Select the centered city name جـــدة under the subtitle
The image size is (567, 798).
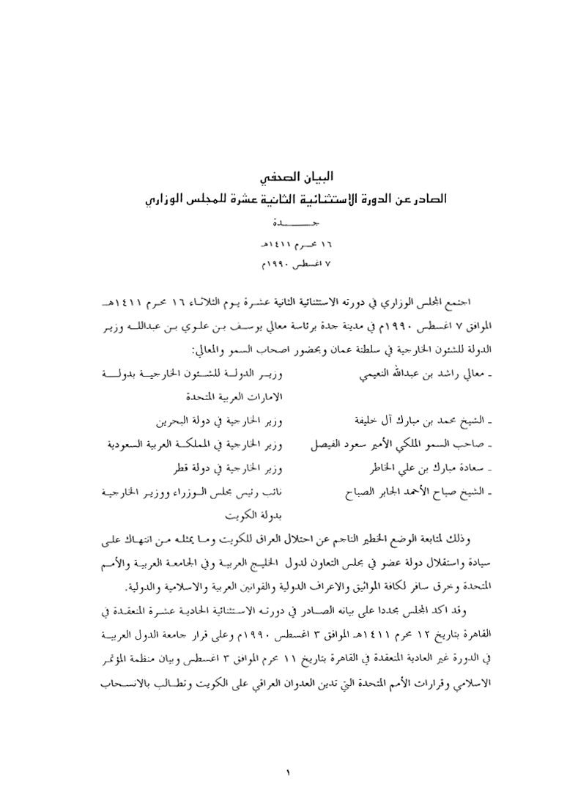283,221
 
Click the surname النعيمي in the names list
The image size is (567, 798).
369,377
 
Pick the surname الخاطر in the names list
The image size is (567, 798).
370,468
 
